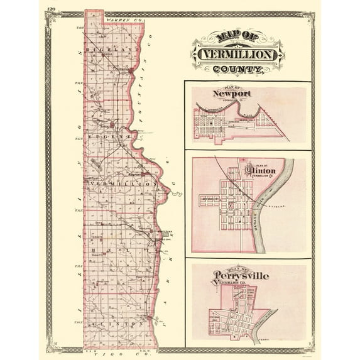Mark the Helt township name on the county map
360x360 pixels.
tap(119, 249)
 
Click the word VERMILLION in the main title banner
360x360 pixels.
tap(237, 55)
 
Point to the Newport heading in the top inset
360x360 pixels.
tap(232, 94)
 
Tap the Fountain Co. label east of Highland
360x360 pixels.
tap(151, 66)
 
